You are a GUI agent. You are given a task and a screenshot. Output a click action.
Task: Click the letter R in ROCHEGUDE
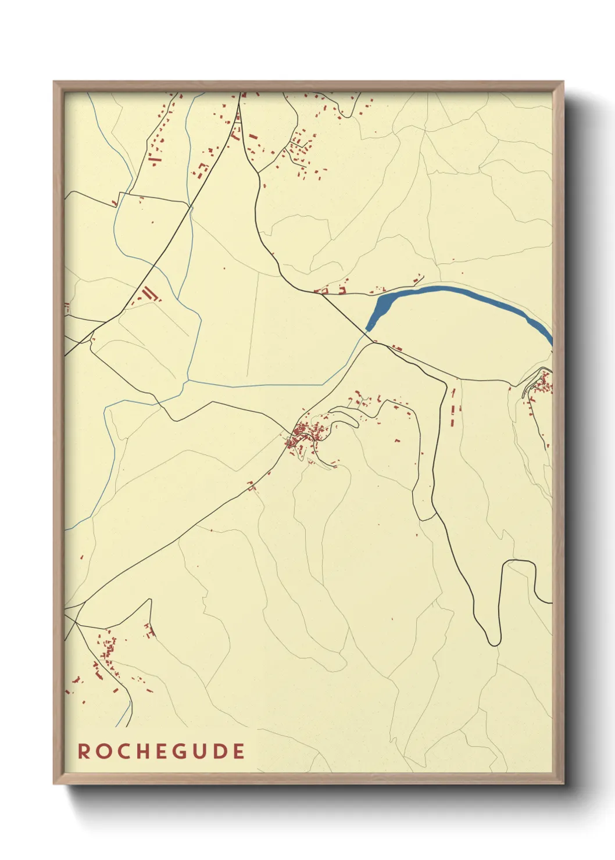(x=84, y=751)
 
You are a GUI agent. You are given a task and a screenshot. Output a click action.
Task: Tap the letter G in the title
(x=180, y=751)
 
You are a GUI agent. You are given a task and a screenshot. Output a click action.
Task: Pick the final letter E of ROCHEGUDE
(x=238, y=751)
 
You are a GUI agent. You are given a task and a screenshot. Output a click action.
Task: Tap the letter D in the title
(x=220, y=751)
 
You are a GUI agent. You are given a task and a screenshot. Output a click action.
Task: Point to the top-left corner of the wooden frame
(x=54, y=82)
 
